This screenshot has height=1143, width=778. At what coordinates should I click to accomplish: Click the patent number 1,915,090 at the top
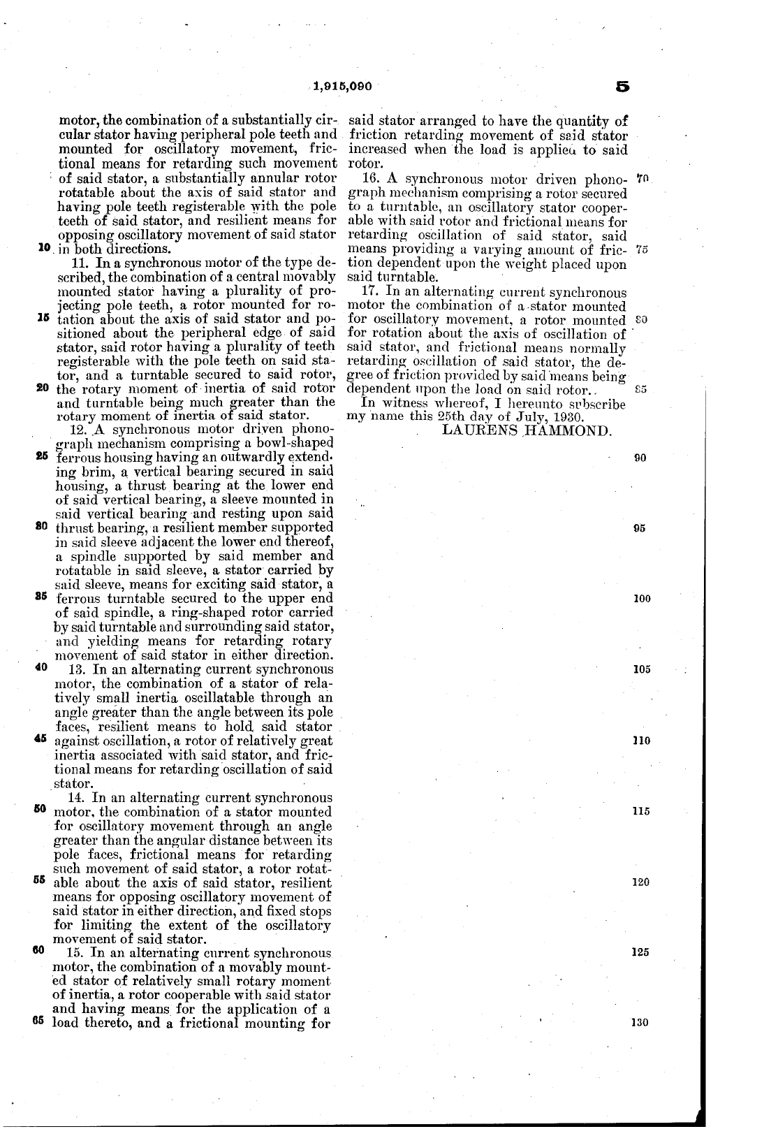[342, 87]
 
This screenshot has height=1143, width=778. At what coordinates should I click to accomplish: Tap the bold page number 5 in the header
[622, 87]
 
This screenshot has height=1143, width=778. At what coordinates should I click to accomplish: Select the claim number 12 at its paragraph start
[78, 429]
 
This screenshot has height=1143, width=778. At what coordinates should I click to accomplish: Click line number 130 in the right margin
[640, 1023]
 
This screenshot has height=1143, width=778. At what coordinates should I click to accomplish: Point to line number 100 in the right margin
[641, 599]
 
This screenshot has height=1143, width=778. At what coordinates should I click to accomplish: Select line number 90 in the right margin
[638, 458]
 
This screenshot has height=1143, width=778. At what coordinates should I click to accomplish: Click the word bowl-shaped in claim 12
[299, 443]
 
